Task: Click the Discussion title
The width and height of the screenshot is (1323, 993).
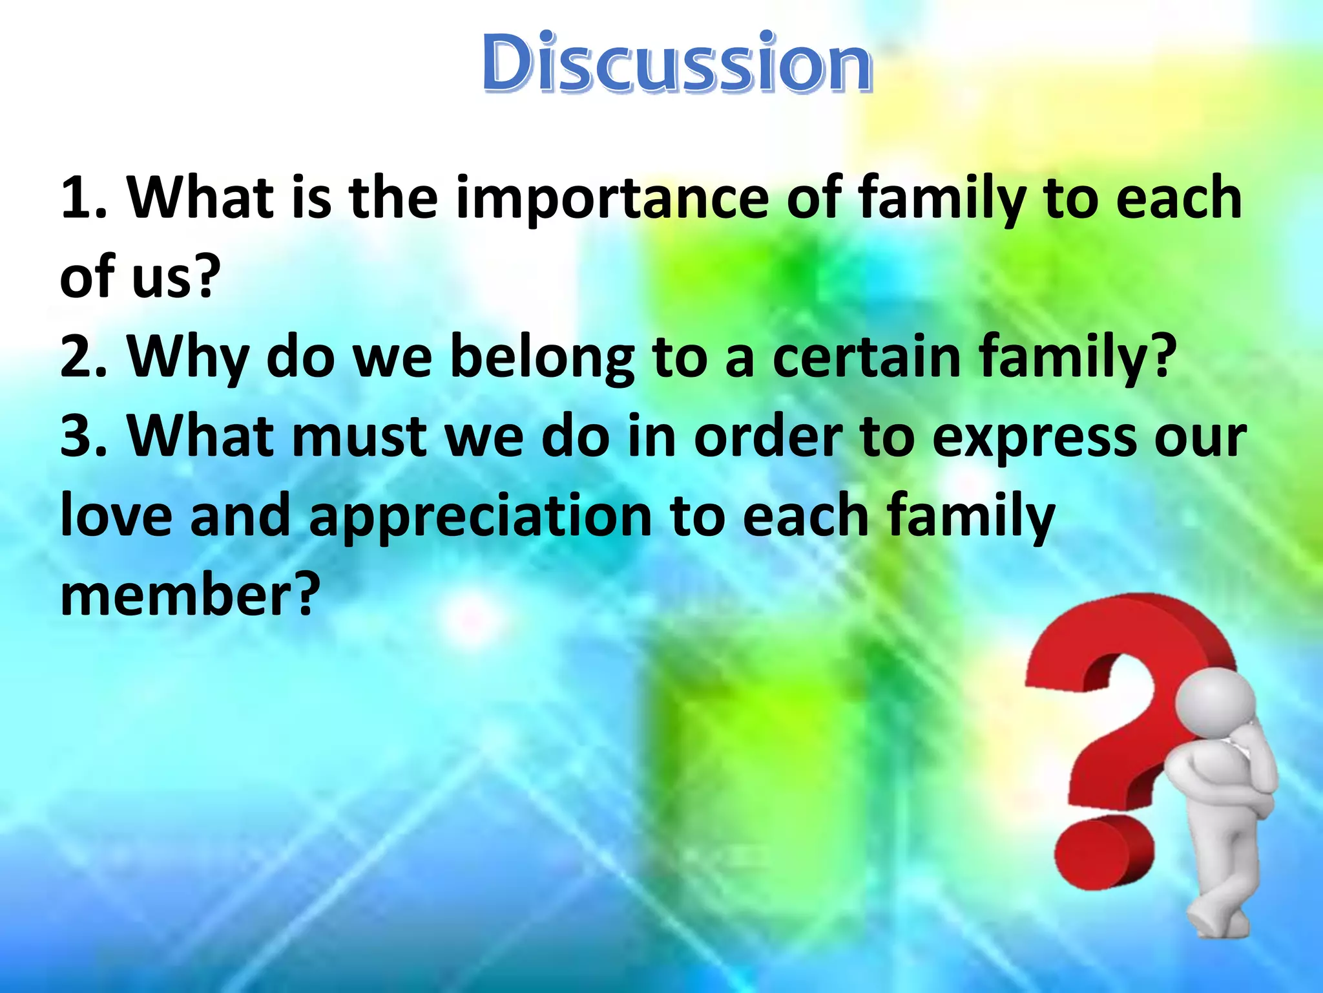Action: [x=677, y=63]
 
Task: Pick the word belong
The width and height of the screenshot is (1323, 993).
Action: [x=541, y=359]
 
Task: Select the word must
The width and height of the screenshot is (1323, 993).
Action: [x=359, y=437]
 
